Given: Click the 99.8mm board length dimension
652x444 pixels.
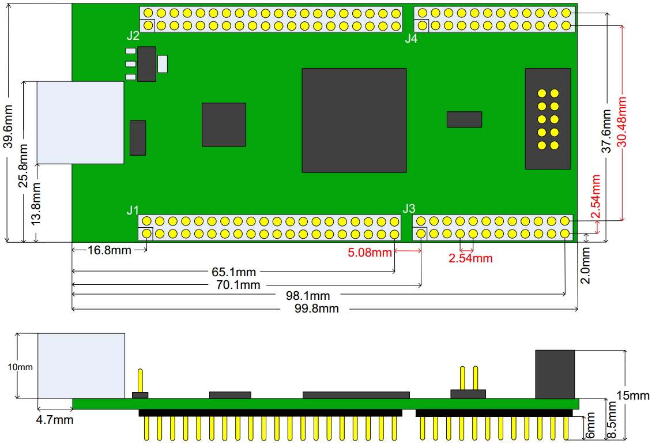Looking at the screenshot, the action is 316,309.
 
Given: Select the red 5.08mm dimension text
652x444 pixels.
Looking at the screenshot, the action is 370,253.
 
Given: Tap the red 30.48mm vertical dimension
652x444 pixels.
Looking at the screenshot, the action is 621,122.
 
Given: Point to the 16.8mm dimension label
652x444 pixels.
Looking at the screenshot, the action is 110,250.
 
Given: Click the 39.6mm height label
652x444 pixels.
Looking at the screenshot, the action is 8,126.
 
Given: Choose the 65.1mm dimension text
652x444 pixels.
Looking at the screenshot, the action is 233,272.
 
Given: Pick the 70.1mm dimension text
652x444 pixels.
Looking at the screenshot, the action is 238,285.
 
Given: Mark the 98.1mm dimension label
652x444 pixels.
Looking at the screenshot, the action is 308,296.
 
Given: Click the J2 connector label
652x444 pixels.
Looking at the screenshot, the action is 133,36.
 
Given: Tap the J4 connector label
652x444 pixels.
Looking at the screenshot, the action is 411,38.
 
